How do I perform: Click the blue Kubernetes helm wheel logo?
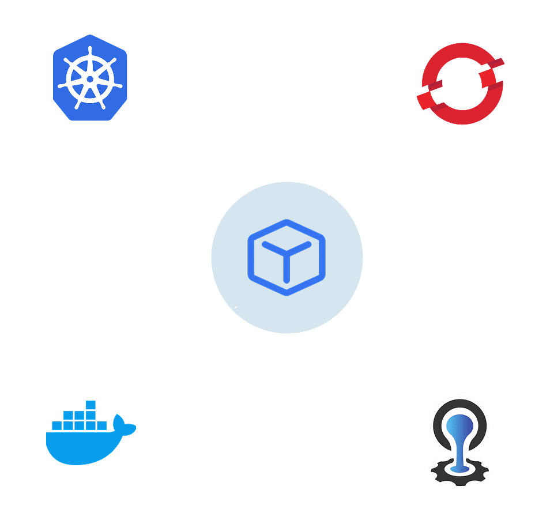88,80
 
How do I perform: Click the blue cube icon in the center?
287,258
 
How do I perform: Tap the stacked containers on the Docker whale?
80,418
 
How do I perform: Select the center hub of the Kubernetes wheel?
89,79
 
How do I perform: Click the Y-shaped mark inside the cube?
287,257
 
